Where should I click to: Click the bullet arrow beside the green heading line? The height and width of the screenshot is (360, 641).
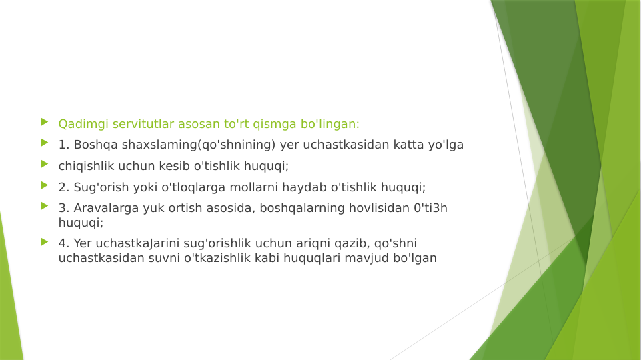pyautogui.click(x=44, y=122)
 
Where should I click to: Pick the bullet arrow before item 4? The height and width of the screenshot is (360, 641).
pyautogui.click(x=44, y=241)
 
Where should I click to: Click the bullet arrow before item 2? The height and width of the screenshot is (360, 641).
pyautogui.click(x=44, y=185)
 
